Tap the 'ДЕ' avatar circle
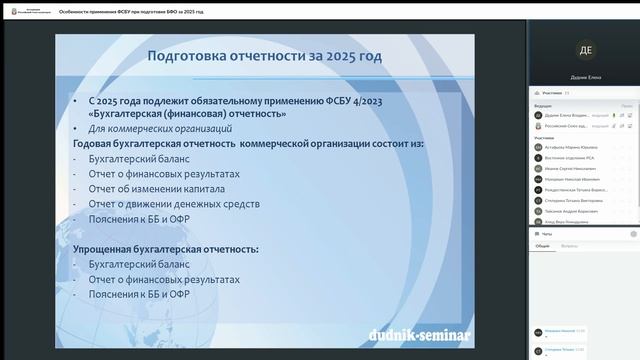click(x=584, y=50)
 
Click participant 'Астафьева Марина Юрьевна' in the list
click(x=569, y=147)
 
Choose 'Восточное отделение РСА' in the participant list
click(x=568, y=157)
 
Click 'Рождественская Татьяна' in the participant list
click(x=573, y=190)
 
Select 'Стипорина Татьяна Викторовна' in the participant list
click(x=571, y=199)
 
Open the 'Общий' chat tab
click(x=543, y=245)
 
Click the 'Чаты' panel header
click(x=547, y=232)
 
